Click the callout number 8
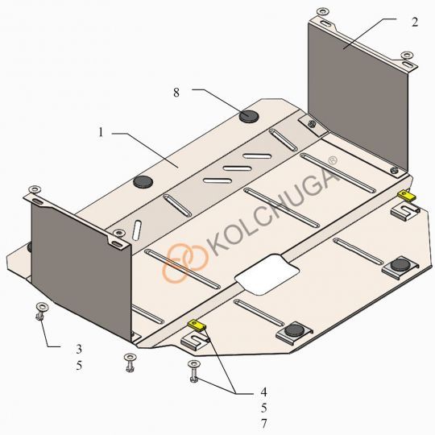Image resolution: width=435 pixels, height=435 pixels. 176,93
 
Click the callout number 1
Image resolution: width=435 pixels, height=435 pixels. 101,132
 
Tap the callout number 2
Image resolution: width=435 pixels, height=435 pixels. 415,23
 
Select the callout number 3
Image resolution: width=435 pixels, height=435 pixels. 79,349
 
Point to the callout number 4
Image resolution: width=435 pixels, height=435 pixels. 263,391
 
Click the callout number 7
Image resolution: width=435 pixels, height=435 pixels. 263,424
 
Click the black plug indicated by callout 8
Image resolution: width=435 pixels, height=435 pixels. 249,115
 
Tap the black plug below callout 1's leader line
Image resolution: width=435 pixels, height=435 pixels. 143,182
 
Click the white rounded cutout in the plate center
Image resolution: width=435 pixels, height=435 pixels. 267,274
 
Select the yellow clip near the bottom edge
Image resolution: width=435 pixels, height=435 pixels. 197,325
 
